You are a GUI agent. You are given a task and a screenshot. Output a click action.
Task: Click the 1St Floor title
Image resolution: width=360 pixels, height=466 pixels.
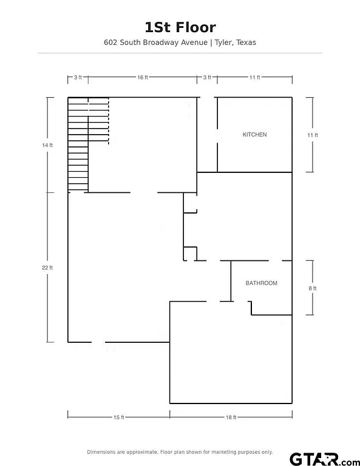(180, 27)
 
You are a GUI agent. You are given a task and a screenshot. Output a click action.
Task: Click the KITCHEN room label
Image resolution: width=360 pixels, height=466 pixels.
(254, 135)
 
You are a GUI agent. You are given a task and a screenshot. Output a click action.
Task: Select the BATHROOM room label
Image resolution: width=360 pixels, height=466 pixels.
(261, 283)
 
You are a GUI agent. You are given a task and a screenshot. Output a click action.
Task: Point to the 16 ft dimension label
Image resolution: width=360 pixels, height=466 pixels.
(143, 77)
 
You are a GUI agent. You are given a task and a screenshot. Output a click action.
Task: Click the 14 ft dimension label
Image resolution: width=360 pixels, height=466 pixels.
(47, 145)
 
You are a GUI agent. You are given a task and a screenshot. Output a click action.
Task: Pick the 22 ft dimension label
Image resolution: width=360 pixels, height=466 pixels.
(47, 268)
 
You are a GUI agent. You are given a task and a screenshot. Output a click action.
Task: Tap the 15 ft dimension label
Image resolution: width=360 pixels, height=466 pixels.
(118, 417)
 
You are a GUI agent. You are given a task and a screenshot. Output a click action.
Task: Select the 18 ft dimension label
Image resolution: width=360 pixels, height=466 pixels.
(231, 417)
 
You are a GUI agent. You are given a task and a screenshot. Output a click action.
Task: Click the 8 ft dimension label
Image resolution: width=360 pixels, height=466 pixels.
(313, 288)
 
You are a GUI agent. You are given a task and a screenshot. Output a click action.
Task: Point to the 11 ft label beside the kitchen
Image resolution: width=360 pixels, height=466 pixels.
(313, 135)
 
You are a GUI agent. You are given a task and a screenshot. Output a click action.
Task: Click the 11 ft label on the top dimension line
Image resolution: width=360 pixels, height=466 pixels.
(255, 77)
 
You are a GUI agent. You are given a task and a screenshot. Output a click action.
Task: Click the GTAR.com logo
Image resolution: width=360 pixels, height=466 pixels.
(325, 459)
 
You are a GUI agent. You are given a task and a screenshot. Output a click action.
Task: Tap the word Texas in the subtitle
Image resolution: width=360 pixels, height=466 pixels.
(246, 42)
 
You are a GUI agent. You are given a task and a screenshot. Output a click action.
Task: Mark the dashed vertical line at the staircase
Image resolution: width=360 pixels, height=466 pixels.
(109, 121)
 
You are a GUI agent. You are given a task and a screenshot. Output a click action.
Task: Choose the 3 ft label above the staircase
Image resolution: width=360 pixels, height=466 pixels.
(78, 77)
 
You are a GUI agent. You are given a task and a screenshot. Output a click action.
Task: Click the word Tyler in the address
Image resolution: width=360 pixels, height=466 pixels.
(224, 42)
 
